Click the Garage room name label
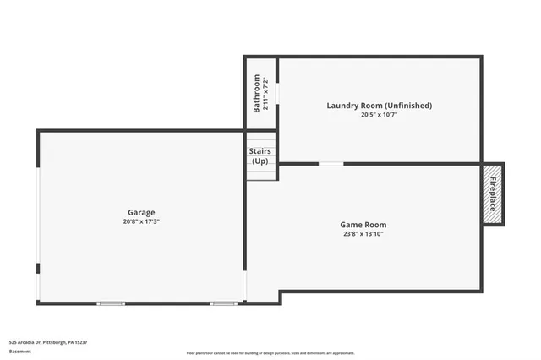(141, 212)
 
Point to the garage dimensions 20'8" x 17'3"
(141, 221)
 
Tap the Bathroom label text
(256, 93)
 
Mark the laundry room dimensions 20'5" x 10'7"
(380, 115)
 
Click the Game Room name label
(363, 225)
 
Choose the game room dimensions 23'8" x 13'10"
(363, 234)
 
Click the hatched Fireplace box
(492, 194)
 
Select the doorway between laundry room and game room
(331, 163)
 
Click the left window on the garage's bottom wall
(111, 303)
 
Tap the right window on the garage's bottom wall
(223, 303)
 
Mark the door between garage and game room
(246, 285)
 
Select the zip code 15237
(80, 342)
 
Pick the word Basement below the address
(19, 351)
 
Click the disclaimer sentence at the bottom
(270, 353)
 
